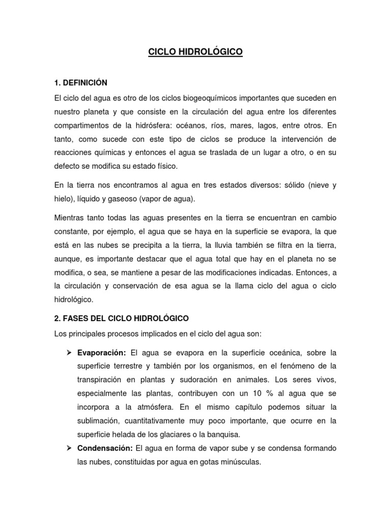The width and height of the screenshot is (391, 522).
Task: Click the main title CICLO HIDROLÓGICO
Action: pyautogui.click(x=195, y=51)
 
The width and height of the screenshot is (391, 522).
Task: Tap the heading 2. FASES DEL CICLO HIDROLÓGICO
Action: pyautogui.click(x=121, y=318)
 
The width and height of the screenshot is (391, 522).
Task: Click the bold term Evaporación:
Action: pyautogui.click(x=102, y=353)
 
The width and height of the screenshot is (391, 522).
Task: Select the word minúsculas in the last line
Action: pyautogui.click(x=241, y=462)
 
